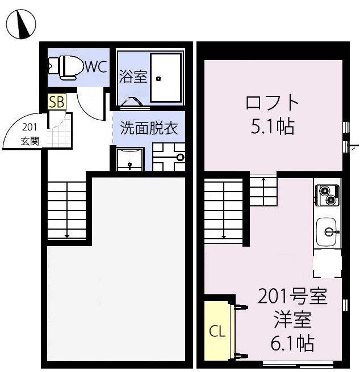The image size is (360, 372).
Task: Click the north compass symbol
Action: (21, 23)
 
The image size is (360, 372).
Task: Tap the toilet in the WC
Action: (65, 67)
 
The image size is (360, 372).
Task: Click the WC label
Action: (96, 67)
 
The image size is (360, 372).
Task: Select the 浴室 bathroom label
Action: (133, 77)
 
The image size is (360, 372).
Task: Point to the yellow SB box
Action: (57, 102)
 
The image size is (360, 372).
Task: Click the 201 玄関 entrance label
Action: (30, 134)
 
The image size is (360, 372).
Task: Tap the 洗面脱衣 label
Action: (149, 128)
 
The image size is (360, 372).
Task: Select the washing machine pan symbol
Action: (169, 157)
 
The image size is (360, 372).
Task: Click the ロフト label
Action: (273, 103)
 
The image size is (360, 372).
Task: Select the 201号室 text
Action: (292, 297)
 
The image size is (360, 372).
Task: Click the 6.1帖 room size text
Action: (292, 343)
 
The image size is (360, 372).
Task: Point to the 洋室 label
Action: (292, 320)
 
